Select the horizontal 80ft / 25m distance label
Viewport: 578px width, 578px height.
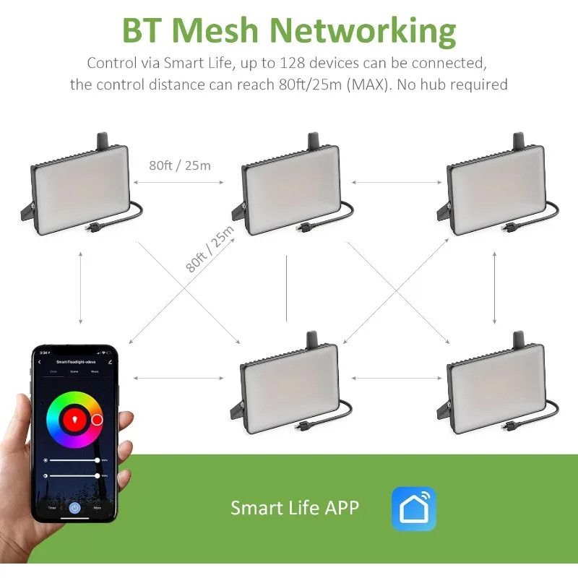(x=180, y=165)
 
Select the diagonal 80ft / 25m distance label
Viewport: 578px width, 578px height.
(x=210, y=249)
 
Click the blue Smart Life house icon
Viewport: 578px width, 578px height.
(x=414, y=508)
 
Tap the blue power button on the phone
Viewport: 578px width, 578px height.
(x=73, y=508)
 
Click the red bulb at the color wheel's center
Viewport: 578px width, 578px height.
(x=73, y=419)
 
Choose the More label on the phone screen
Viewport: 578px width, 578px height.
(x=96, y=508)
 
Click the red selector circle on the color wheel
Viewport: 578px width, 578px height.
(x=98, y=419)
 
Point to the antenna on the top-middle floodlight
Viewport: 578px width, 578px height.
(x=313, y=140)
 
